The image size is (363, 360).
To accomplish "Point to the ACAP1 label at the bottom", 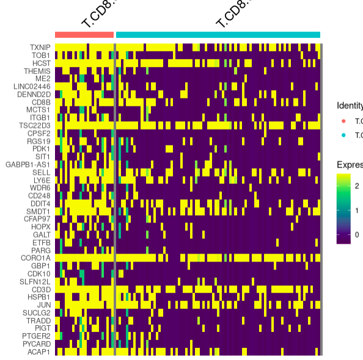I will pos(39,351).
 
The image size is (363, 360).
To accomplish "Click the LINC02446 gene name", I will pos(32,86).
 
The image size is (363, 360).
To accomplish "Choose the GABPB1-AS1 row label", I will pos(29,164).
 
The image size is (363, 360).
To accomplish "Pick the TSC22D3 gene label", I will pos(35,125).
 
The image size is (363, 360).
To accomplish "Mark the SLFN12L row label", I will pos(36,281).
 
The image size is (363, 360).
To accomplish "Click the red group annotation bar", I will pos(84,35).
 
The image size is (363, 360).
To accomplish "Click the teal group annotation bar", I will pos(218,35).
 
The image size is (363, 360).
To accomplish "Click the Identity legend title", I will pos(350,106).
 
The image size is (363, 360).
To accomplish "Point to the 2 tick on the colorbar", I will pos(357,186).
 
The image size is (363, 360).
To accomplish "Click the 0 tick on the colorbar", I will pos(357,234).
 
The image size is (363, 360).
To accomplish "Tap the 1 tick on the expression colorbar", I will pos(357,210).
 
